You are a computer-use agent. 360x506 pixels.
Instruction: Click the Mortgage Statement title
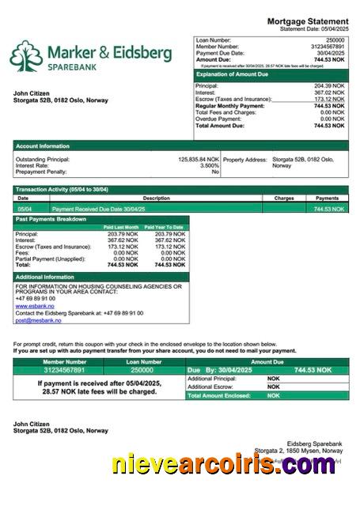[307, 21]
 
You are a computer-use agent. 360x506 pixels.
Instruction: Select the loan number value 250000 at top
[335, 39]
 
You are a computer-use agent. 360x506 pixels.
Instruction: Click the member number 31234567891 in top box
[326, 46]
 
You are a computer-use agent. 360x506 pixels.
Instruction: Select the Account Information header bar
[43, 145]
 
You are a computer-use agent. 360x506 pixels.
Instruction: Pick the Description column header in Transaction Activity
[156, 198]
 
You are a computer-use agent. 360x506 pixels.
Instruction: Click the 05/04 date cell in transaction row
[24, 209]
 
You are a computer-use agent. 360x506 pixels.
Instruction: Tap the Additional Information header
[44, 277]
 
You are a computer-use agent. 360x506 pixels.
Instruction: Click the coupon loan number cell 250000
[142, 370]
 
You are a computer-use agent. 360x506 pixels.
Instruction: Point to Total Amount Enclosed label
[218, 395]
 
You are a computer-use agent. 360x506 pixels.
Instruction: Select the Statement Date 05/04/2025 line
[314, 28]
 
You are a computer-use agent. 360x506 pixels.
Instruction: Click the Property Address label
[245, 159]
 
